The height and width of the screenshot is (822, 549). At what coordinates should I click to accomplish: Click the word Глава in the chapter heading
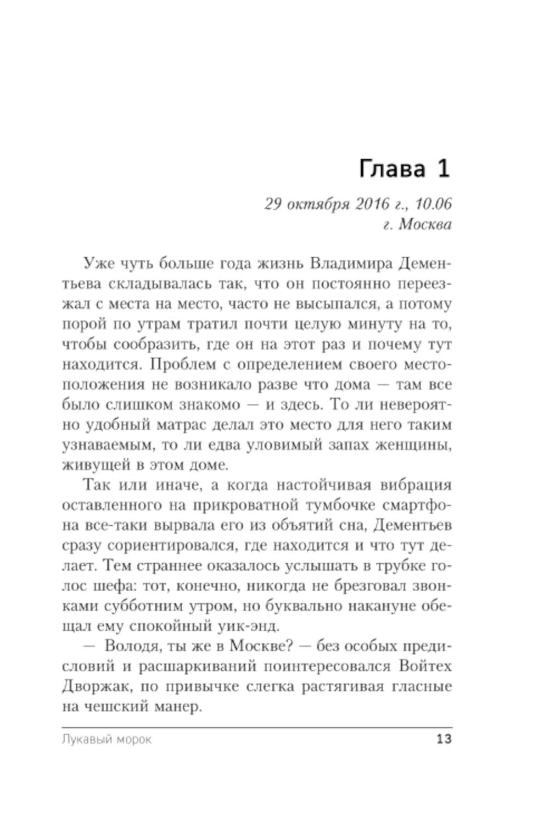[391, 169]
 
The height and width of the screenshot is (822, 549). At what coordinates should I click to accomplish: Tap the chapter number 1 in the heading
[442, 168]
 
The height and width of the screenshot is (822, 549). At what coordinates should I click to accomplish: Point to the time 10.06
[433, 204]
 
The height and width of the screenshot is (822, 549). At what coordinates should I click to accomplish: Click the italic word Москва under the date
[424, 225]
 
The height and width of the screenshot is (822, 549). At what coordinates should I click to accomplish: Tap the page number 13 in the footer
[444, 739]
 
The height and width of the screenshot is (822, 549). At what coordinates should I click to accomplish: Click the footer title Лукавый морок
[107, 740]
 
